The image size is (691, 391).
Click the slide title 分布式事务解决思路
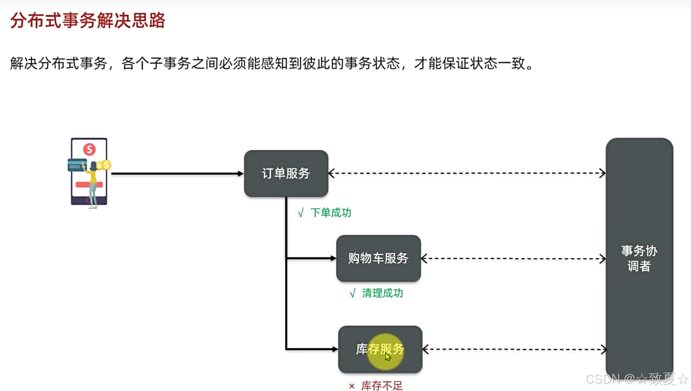coord(87,21)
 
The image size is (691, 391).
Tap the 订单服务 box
coord(286,173)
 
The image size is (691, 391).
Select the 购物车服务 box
coord(378,258)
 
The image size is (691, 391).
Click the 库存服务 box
coord(380,349)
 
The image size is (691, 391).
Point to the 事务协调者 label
coord(639,258)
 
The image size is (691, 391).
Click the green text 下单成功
coord(331,213)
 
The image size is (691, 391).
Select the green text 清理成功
coord(382,293)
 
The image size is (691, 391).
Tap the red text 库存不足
coord(382,385)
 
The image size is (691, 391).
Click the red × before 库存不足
coord(352,386)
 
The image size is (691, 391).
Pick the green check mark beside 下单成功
coord(301,213)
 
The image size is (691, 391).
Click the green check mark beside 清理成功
coord(352,294)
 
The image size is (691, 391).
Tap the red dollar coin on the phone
coord(89,149)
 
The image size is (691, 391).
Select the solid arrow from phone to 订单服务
coord(176,174)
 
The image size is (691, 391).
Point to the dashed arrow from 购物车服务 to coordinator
coord(513,259)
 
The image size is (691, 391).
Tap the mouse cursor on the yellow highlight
coord(388,356)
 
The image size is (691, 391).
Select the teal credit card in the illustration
coord(77,165)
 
